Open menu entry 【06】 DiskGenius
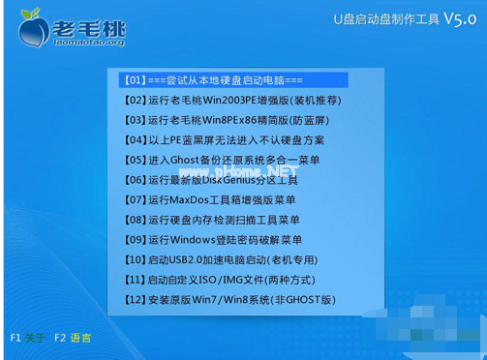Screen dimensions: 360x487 tap(211, 180)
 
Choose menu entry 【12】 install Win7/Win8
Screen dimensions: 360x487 tap(230, 300)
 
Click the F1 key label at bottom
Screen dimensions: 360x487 tap(15, 338)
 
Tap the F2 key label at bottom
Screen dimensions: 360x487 tap(61, 338)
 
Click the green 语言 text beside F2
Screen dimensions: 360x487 tap(81, 338)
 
